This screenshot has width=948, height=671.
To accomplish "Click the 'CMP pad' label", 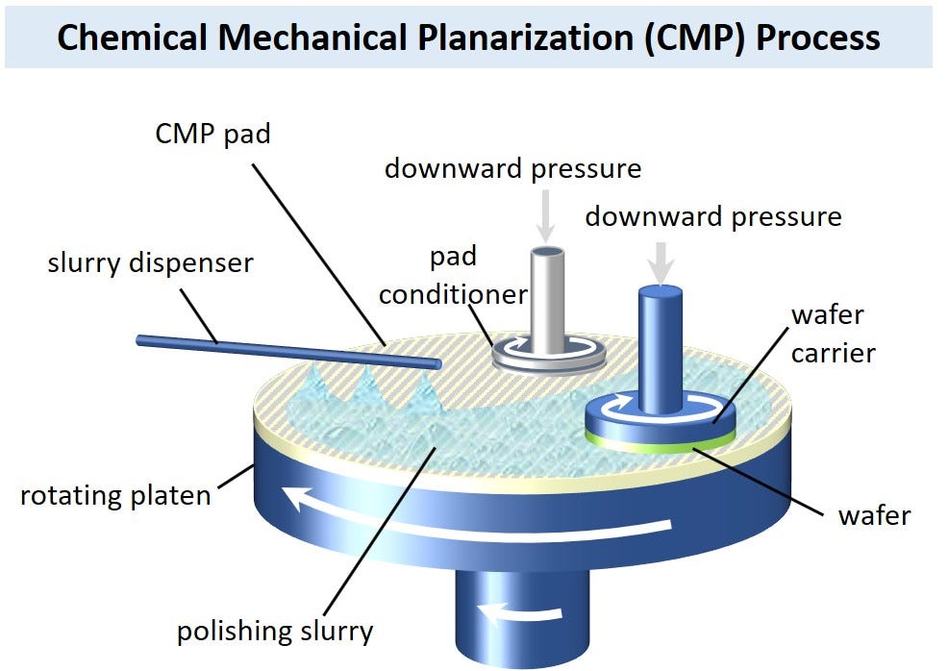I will click(x=212, y=134).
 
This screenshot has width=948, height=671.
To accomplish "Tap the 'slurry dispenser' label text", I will click(x=150, y=262).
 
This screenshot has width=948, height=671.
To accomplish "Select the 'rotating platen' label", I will click(x=114, y=496).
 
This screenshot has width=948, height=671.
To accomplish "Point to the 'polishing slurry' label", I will click(x=274, y=632).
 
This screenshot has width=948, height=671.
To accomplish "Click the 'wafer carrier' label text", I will click(x=833, y=334).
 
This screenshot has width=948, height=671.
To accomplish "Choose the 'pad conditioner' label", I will click(x=452, y=276).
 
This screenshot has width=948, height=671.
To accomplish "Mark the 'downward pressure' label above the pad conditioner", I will click(x=512, y=168).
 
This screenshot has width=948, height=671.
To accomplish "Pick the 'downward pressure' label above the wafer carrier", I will click(x=712, y=216).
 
